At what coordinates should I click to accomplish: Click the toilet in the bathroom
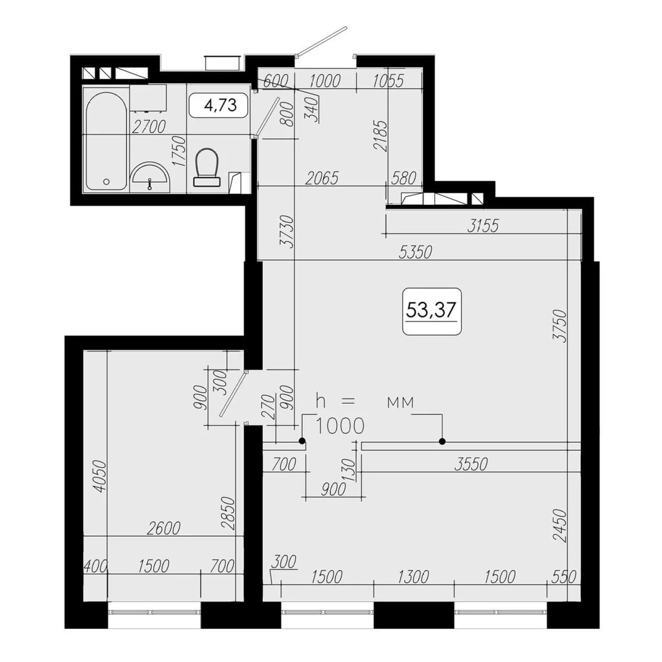tap(207, 167)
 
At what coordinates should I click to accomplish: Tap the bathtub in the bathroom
tap(106, 141)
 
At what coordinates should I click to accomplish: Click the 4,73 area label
tap(220, 105)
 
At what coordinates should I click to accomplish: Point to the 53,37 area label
tap(431, 310)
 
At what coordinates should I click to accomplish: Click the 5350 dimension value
tap(415, 252)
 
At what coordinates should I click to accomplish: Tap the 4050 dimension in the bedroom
tap(101, 477)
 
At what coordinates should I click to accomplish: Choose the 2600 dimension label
tap(163, 528)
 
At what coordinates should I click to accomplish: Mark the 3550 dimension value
tap(471, 465)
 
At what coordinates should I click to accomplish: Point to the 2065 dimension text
tap(322, 178)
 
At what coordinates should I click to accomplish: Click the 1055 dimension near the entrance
tap(388, 81)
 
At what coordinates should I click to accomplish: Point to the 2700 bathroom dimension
tap(149, 127)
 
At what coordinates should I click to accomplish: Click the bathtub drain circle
tap(106, 181)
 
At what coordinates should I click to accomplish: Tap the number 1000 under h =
tap(339, 427)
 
